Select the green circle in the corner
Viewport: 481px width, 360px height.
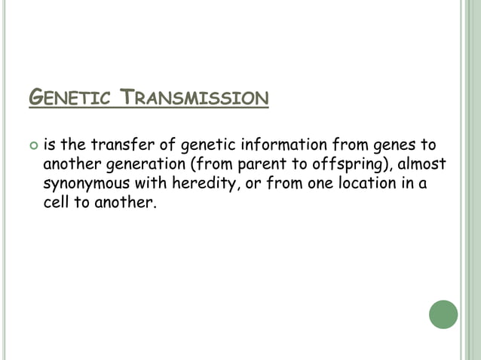pos(443,314)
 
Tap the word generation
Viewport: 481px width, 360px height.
pos(130,165)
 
